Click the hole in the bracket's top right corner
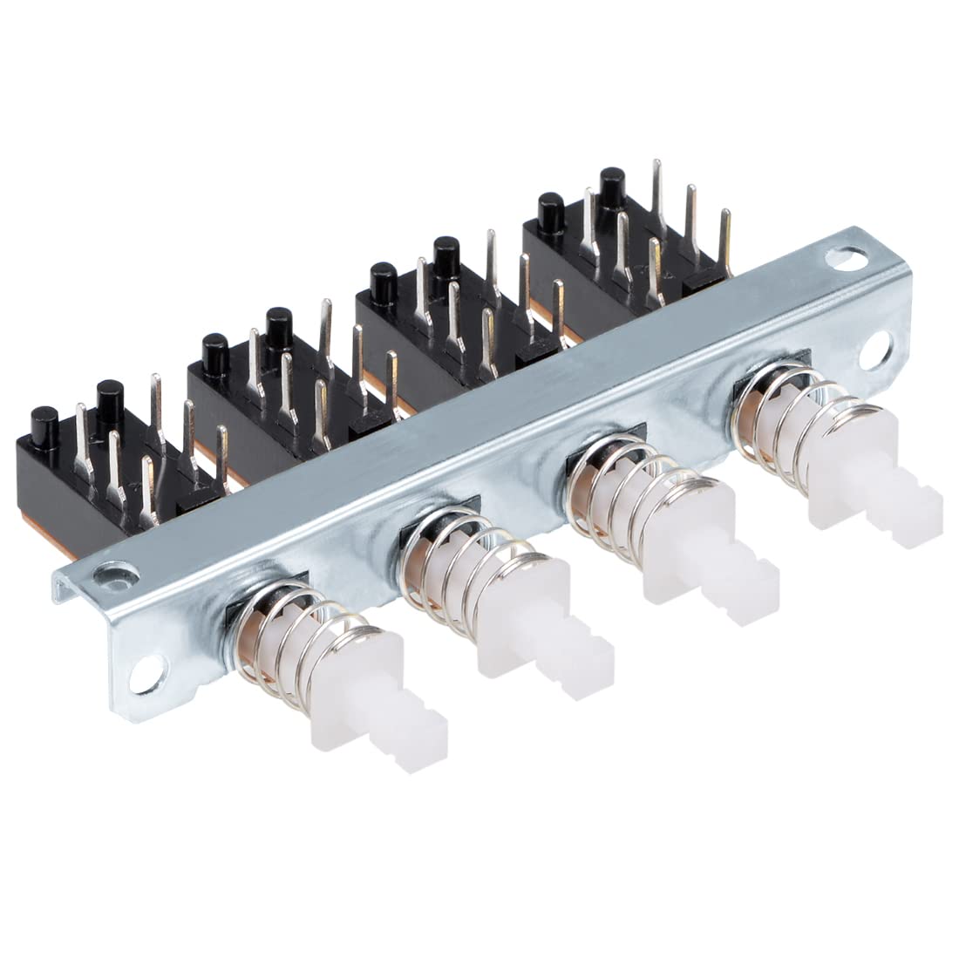pos(845,257)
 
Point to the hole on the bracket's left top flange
pos(111,575)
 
